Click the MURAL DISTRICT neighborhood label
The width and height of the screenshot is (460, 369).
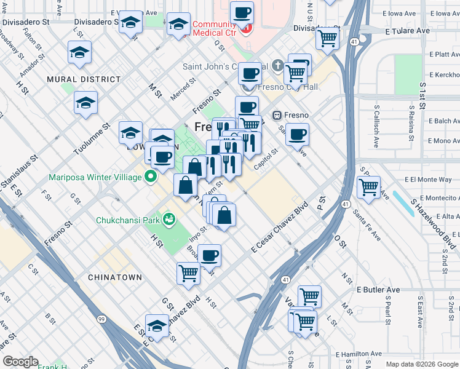pyautogui.click(x=84, y=79)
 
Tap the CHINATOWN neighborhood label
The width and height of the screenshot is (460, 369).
pyautogui.click(x=114, y=277)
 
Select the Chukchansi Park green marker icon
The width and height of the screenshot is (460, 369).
pyautogui.click(x=167, y=220)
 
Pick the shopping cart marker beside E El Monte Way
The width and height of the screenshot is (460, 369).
pyautogui.click(x=368, y=187)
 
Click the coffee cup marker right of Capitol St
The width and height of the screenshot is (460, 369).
pyautogui.click(x=297, y=135)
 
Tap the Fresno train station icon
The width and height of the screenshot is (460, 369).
pyautogui.click(x=277, y=115)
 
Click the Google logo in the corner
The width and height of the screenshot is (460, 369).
pyautogui.click(x=21, y=361)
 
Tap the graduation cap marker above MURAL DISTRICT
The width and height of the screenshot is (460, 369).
pyautogui.click(x=80, y=54)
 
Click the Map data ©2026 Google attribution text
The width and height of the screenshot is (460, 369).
pyautogui.click(x=421, y=363)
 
